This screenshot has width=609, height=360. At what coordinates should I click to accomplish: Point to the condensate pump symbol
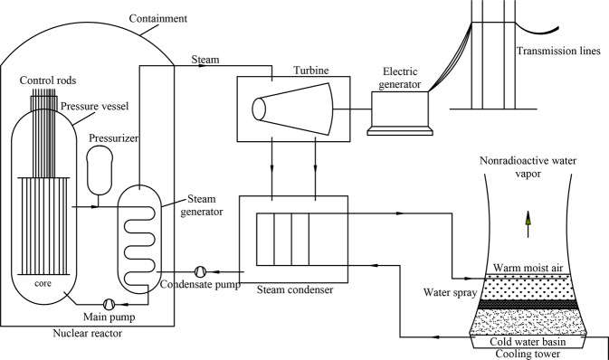click(201, 271)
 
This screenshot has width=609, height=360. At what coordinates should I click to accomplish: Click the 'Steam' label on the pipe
click(205, 60)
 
